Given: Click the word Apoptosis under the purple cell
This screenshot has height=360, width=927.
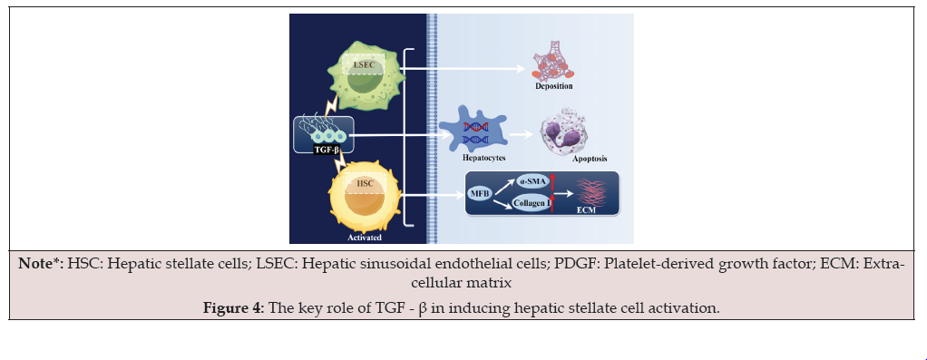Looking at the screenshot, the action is click(x=590, y=159).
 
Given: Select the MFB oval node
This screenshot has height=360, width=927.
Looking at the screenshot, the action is click(x=478, y=193).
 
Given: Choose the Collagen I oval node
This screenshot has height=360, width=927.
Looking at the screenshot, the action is click(x=532, y=204).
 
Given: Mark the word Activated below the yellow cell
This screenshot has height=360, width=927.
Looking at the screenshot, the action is click(x=365, y=238).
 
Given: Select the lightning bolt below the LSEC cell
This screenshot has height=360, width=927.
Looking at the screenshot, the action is click(x=332, y=106).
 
